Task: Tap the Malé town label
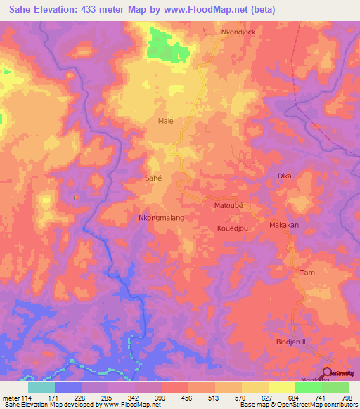pyautogui.click(x=165, y=121)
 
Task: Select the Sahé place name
pyautogui.click(x=153, y=178)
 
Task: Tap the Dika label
pyautogui.click(x=284, y=176)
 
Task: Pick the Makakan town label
pyautogui.click(x=284, y=225)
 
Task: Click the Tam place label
pyautogui.click(x=307, y=272)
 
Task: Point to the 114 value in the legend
pyautogui.click(x=28, y=398)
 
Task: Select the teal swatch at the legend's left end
pyautogui.click(x=41, y=387)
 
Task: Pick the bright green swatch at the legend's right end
pyautogui.click(x=335, y=387)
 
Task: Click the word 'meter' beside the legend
pyautogui.click(x=11, y=398)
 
